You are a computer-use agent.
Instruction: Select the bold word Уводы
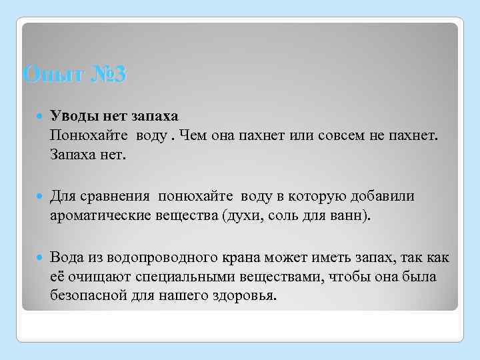(73, 117)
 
